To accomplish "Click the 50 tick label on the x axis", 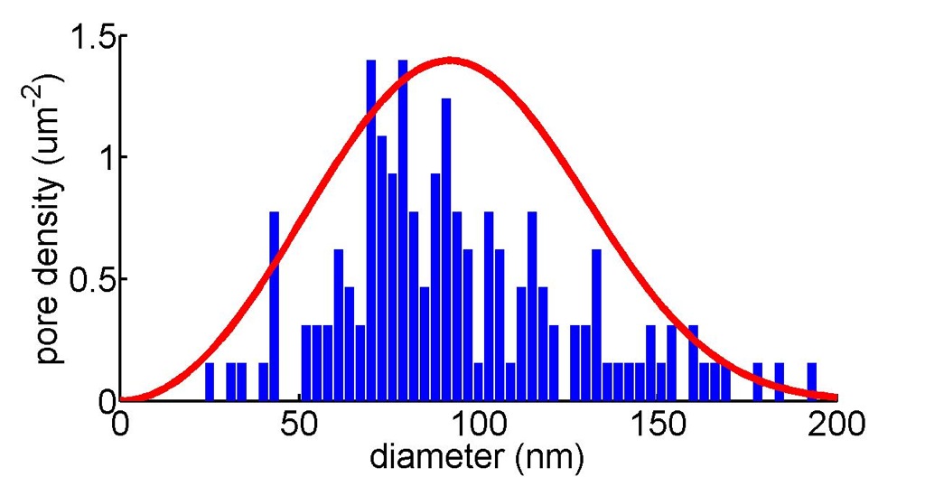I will coord(299,424).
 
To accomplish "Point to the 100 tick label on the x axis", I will coord(478,424).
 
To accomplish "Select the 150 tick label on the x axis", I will coord(658,424).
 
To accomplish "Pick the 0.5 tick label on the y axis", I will coord(93,279).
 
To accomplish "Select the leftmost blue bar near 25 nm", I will coord(210,381).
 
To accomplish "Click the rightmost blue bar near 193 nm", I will coord(811,381).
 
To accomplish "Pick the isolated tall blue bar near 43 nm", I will coord(275,307).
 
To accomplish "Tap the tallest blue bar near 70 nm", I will coord(371,230).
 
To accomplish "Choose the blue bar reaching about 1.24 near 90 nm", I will coord(446,248).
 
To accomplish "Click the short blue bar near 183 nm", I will coord(779,381).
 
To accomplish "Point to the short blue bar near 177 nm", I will coord(757,381).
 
